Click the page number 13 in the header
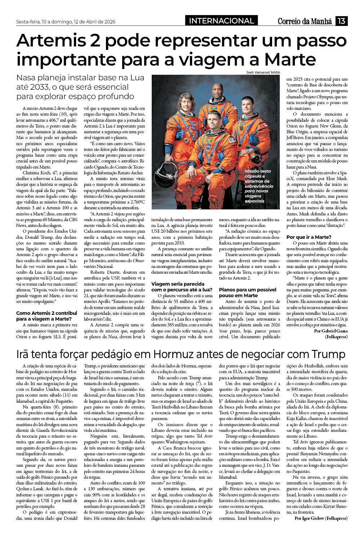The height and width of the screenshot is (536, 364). tap(341, 21)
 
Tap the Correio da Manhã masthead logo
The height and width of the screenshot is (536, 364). tap(305, 21)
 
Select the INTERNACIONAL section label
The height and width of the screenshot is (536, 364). tap(221, 21)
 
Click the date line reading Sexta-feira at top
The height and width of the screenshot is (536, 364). tap(66, 22)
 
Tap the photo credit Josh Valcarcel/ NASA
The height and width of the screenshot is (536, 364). tap(263, 72)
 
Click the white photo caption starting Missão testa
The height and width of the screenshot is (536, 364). tap(257, 186)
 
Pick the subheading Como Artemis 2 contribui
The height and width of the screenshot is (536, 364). tap(46, 316)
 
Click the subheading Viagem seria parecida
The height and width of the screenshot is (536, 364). tap(178, 287)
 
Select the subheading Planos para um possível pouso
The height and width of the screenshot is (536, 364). tap(248, 292)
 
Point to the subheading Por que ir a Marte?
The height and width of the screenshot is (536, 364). tap(308, 237)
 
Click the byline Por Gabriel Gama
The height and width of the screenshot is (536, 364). tap(331, 331)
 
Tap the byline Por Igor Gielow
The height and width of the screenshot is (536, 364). tap(321, 518)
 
